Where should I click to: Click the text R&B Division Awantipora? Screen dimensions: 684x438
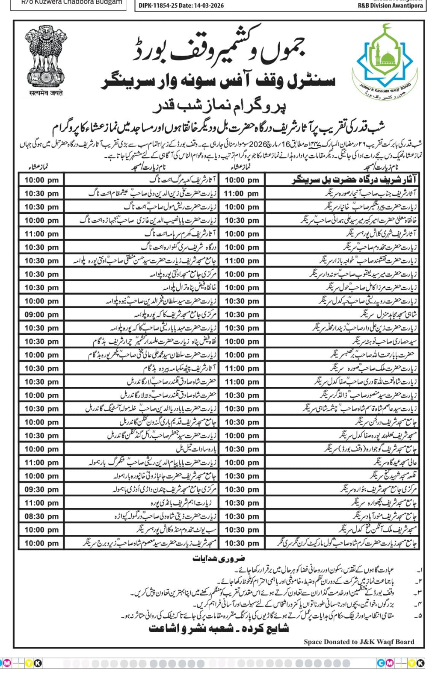(x=391, y=6)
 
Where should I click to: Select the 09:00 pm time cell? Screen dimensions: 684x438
(x=41, y=315)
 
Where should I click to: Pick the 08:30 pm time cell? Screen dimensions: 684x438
(x=41, y=516)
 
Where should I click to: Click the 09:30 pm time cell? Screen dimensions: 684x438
(x=41, y=489)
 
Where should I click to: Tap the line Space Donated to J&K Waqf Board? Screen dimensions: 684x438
(x=359, y=641)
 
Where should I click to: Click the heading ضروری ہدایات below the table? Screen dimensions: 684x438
(x=219, y=558)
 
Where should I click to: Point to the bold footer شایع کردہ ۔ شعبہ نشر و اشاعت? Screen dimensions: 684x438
(x=219, y=628)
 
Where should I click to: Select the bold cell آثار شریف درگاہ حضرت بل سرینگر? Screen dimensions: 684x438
(x=355, y=180)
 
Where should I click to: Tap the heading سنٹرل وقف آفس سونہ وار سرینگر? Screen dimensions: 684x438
(x=218, y=81)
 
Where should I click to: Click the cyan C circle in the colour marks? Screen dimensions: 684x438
(x=381, y=663)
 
